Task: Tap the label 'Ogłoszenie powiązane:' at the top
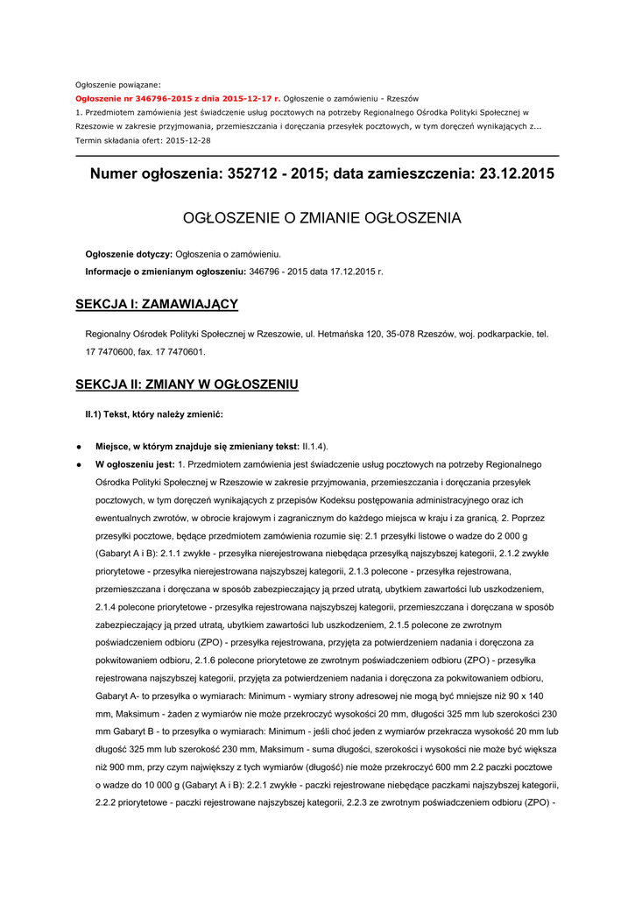[x=117, y=84]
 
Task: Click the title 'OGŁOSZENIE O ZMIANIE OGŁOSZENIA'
[x=321, y=217]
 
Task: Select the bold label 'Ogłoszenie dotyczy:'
[x=129, y=254]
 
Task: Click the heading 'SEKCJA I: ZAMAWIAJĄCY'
[x=157, y=304]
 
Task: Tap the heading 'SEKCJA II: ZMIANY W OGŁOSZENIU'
[x=187, y=385]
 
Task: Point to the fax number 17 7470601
[x=179, y=351]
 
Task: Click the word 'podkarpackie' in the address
[x=497, y=334]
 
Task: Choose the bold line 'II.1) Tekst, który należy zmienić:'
[x=153, y=413]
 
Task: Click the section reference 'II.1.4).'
[x=315, y=447]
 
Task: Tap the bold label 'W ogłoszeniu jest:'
[x=135, y=463]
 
